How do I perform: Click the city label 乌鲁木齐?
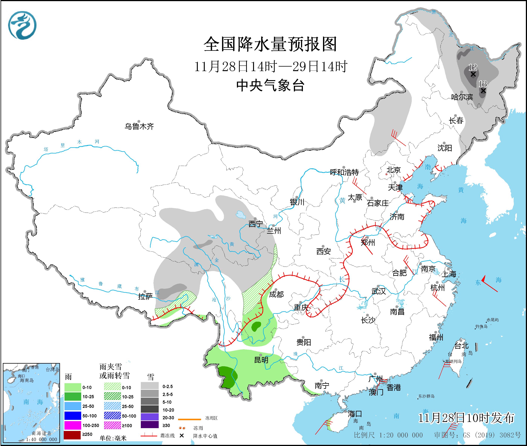click(139, 126)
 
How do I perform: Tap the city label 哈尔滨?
click(462, 97)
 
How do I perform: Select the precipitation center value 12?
click(472, 67)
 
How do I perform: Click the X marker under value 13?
click(483, 90)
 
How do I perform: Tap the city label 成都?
click(276, 294)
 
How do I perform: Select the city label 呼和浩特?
click(344, 172)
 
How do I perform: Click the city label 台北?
click(462, 346)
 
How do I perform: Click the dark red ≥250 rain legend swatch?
click(72, 434)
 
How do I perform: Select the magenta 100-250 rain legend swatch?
click(72, 425)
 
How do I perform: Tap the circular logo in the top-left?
click(22, 25)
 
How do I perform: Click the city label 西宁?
click(256, 224)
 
